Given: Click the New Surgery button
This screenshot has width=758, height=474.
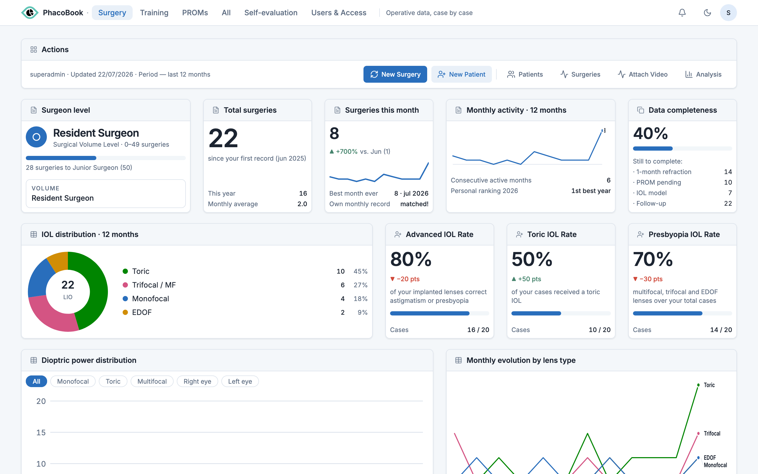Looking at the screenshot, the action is (x=395, y=74).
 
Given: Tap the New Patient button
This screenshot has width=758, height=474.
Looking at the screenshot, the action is (x=461, y=74).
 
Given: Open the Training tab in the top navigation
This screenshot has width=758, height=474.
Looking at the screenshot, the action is (x=154, y=13).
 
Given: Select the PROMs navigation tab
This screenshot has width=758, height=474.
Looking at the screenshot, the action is (x=195, y=13).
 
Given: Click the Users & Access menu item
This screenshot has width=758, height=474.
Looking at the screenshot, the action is (x=338, y=13).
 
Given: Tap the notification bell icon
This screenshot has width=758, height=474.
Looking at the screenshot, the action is (x=682, y=13).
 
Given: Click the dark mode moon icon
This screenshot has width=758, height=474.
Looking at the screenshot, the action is (x=707, y=13).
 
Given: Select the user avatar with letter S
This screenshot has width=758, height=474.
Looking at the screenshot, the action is (x=728, y=13).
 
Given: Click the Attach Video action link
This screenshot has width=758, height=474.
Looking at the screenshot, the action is (x=642, y=74).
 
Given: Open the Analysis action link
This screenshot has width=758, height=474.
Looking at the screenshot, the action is (x=703, y=74).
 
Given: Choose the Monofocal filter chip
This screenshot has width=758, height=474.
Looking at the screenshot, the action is (x=73, y=381).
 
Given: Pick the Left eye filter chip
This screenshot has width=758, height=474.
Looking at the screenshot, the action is (x=240, y=381).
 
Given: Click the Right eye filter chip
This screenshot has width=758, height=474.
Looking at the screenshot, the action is (x=197, y=381).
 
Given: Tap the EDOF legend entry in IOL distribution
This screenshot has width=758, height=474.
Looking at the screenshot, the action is (x=137, y=312).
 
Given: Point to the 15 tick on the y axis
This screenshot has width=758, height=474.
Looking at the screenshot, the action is (x=41, y=432).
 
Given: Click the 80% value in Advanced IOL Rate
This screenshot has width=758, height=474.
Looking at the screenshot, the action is (x=411, y=259).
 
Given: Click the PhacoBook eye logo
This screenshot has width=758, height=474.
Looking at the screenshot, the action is (x=30, y=13).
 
